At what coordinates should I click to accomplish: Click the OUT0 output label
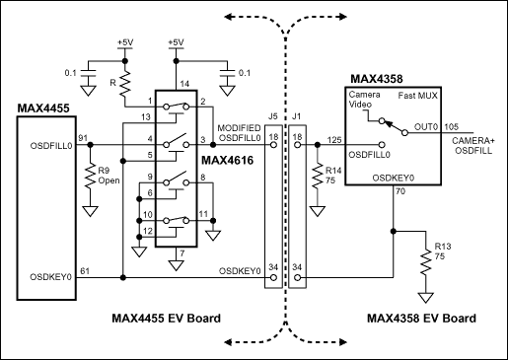426,126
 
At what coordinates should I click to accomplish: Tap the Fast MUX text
422,95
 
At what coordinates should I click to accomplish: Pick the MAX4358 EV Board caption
420,319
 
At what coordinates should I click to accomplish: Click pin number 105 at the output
453,126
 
